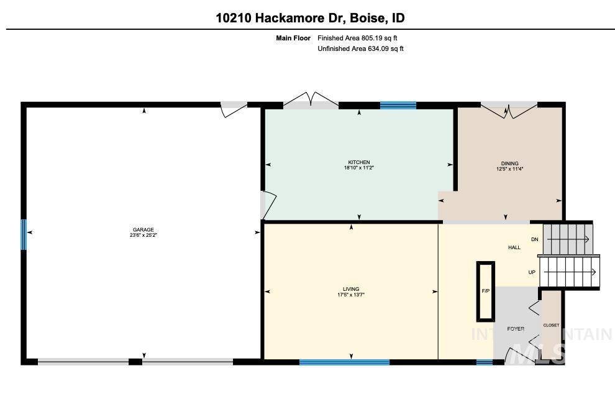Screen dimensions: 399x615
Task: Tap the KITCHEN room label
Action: coord(359,162)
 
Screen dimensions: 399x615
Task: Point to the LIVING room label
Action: coord(351,289)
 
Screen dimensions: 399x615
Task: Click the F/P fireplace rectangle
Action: coord(485,290)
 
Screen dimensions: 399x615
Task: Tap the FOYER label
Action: coord(515,329)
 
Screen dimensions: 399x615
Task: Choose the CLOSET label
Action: coord(550,325)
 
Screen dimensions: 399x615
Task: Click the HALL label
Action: coord(514,247)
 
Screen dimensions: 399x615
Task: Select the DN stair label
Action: coord(534,239)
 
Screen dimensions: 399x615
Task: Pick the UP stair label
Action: coord(532,272)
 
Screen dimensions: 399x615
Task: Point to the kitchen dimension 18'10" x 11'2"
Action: coord(359,168)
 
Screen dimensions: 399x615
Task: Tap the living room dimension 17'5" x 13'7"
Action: coord(351,295)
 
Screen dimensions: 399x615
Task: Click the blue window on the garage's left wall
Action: coord(24,234)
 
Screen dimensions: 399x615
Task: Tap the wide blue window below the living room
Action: coord(344,362)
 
